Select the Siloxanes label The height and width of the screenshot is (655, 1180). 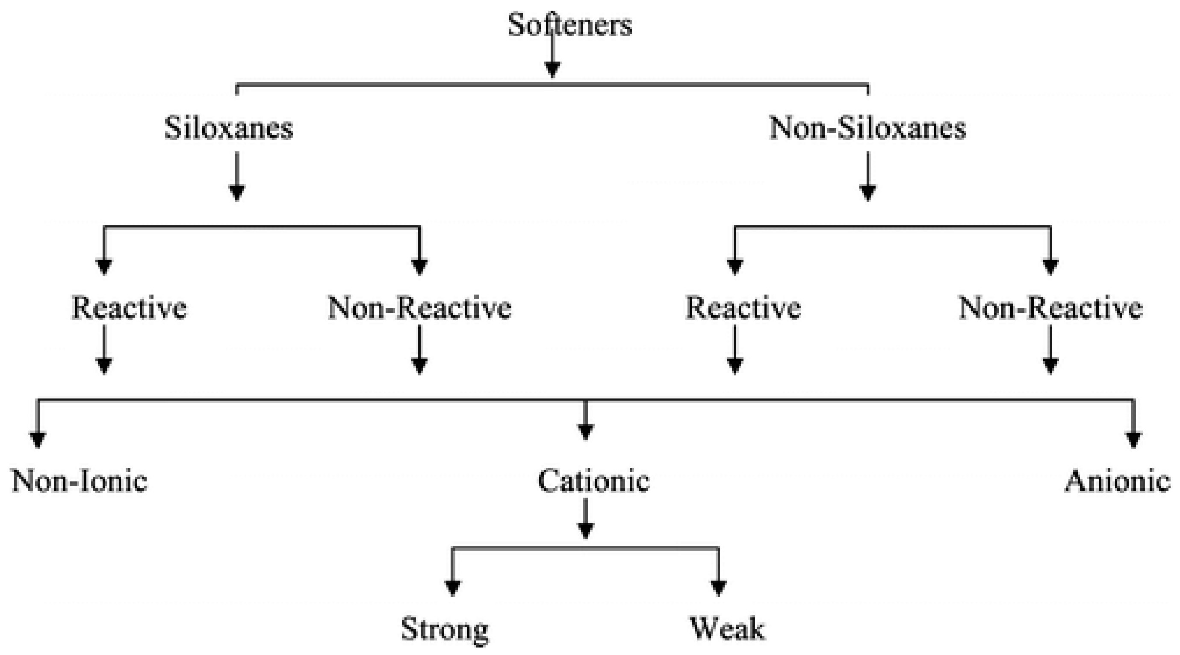coord(229,128)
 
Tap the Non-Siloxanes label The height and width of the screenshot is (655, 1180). coord(867,128)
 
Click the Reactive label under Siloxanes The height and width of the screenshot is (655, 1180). coord(129,307)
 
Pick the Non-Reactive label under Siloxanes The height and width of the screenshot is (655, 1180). coord(419,307)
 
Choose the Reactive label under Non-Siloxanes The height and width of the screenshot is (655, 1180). coord(743,307)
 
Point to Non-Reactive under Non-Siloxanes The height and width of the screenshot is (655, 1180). coord(1050,307)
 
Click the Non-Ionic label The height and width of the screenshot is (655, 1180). coord(79,481)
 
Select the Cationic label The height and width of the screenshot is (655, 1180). coord(594,481)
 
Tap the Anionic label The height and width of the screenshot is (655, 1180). coord(1117,481)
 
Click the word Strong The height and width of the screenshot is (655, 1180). coord(444,629)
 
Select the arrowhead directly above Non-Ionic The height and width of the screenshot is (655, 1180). coord(38,439)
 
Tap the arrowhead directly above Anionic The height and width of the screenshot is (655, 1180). coord(1133,439)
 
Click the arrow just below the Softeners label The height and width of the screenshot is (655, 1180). coord(552,59)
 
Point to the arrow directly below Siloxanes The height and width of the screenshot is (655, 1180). coord(237,179)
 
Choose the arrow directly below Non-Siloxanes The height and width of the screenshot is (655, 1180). coord(867,179)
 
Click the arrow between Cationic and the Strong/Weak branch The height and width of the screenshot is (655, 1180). coord(586,520)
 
